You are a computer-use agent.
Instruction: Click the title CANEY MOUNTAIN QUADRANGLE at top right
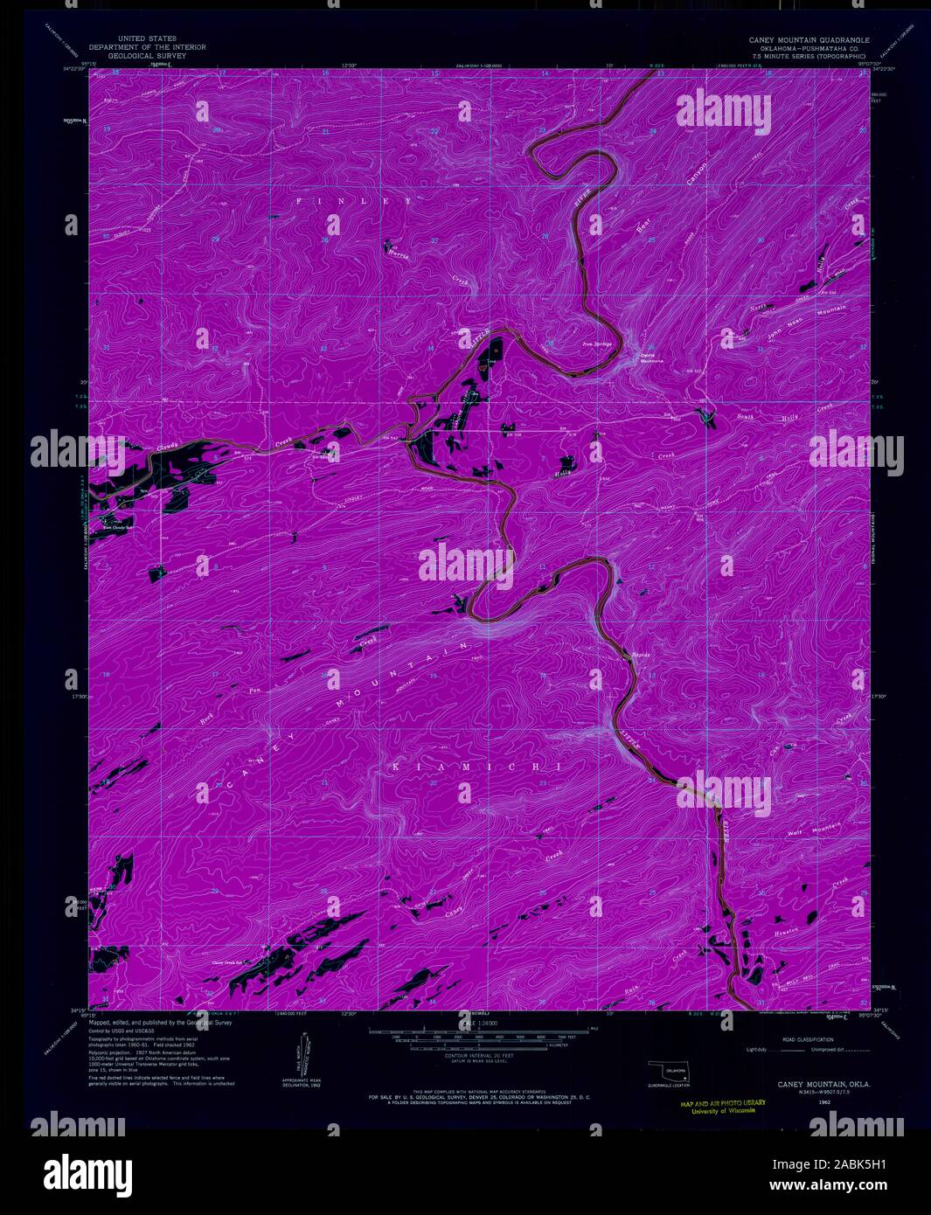[x=808, y=40]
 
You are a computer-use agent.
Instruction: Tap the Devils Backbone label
[x=646, y=358]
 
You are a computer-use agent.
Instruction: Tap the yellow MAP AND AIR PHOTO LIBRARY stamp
[x=722, y=1107]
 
